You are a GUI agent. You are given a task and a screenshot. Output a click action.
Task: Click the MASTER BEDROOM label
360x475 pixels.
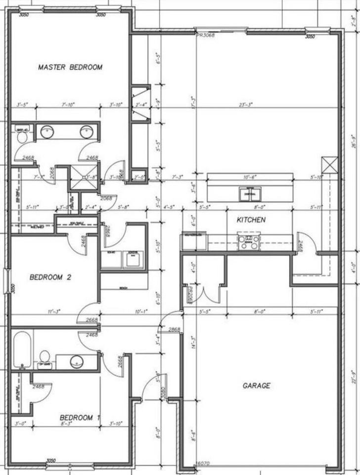(x=70, y=67)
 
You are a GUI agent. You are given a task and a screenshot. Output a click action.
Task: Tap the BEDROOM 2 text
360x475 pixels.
(x=50, y=278)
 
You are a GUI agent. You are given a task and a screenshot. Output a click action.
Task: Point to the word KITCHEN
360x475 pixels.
(x=251, y=219)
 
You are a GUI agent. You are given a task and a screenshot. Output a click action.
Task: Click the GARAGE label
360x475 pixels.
(x=256, y=385)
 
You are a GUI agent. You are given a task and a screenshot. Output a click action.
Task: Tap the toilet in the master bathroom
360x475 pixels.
(x=22, y=136)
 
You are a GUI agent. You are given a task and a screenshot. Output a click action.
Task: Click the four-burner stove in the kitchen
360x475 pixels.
(x=249, y=242)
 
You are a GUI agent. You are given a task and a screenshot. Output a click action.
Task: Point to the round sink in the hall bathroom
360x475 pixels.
(x=77, y=361)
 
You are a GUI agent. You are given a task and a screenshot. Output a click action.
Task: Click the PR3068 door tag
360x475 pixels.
(x=205, y=36)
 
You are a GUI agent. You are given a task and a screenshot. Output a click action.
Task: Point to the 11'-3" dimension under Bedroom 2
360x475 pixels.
(x=54, y=312)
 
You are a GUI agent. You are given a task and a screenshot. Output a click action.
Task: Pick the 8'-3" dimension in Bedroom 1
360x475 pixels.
(x=66, y=424)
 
